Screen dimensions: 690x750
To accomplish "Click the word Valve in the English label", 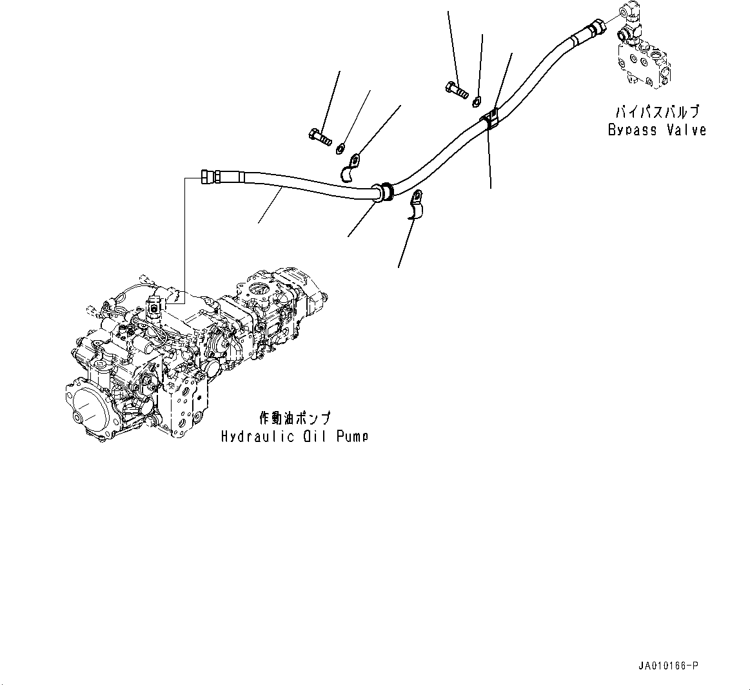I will (x=686, y=130).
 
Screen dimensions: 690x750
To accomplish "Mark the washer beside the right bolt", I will (x=477, y=100).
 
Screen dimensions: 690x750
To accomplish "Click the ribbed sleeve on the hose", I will (x=384, y=191).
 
